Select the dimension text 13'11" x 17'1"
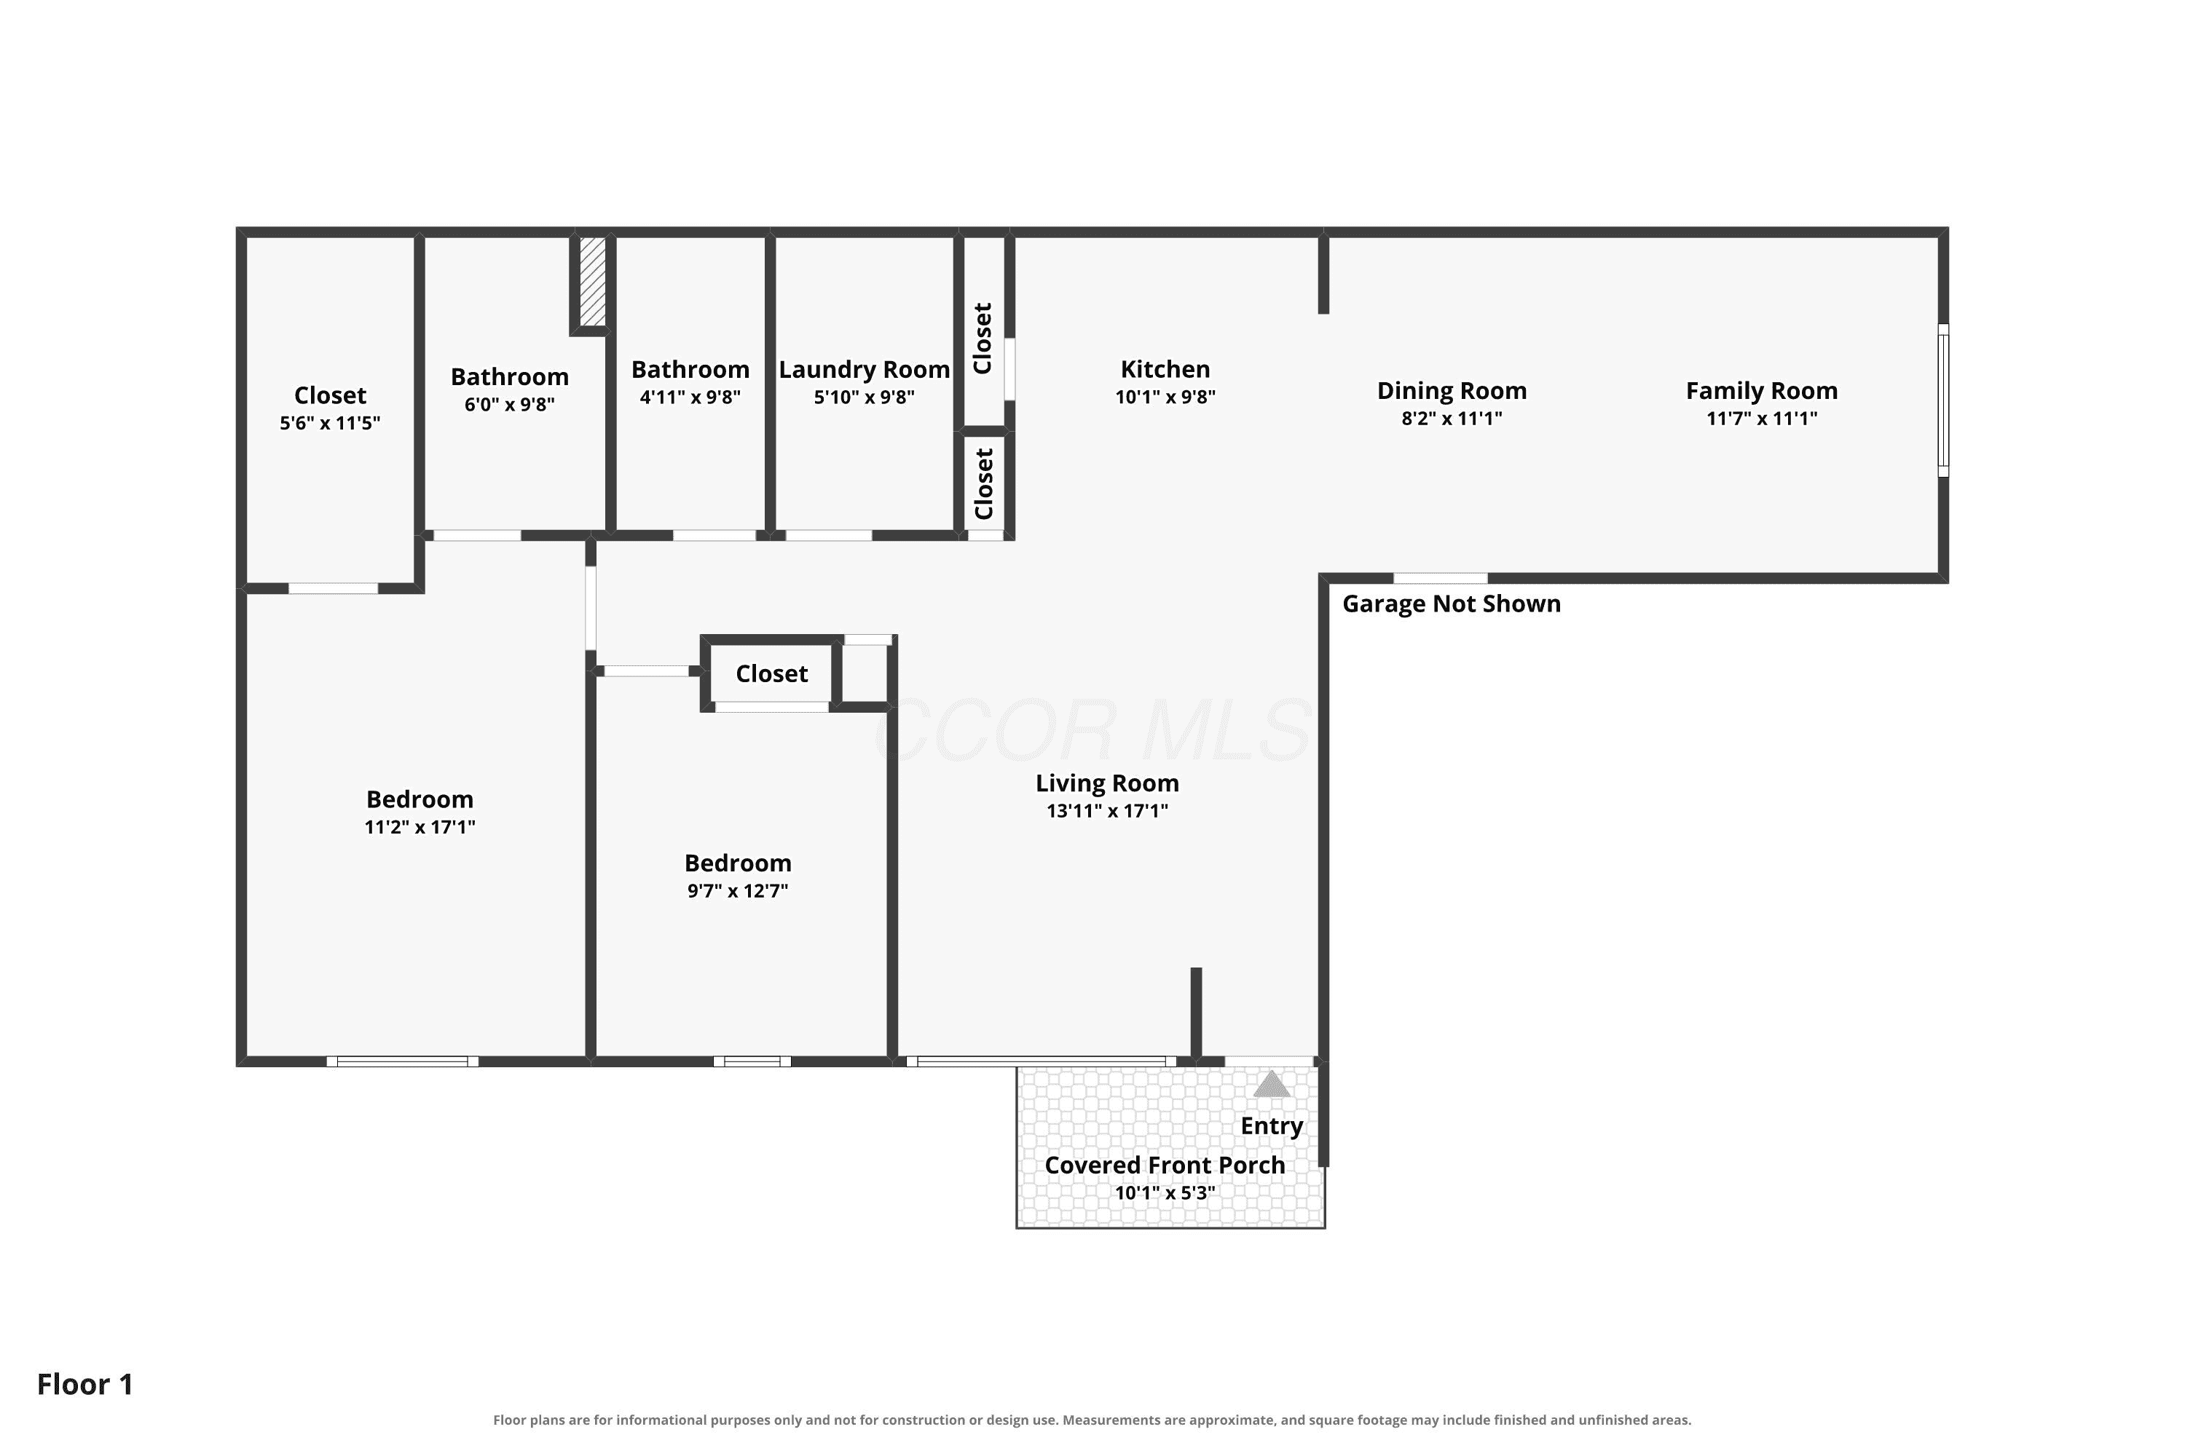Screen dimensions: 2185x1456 (1107, 811)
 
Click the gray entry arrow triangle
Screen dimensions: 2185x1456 (1272, 1084)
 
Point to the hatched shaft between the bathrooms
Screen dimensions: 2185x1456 (593, 281)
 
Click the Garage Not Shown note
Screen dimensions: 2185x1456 (1451, 604)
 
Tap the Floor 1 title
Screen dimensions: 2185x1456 (85, 1385)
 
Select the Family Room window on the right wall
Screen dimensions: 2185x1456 (1942, 400)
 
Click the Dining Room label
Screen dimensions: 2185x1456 (1452, 391)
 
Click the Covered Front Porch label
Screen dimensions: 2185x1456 (1165, 1166)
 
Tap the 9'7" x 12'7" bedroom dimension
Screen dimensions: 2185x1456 (738, 891)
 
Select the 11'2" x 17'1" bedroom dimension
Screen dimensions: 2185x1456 (420, 827)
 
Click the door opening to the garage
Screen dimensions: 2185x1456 (1440, 579)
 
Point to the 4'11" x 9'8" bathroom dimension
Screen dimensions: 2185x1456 (690, 397)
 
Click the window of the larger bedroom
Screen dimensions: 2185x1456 (402, 1061)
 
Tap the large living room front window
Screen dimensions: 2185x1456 (1042, 1061)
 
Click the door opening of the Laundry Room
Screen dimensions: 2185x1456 (829, 536)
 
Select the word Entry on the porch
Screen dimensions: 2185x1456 (1272, 1126)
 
